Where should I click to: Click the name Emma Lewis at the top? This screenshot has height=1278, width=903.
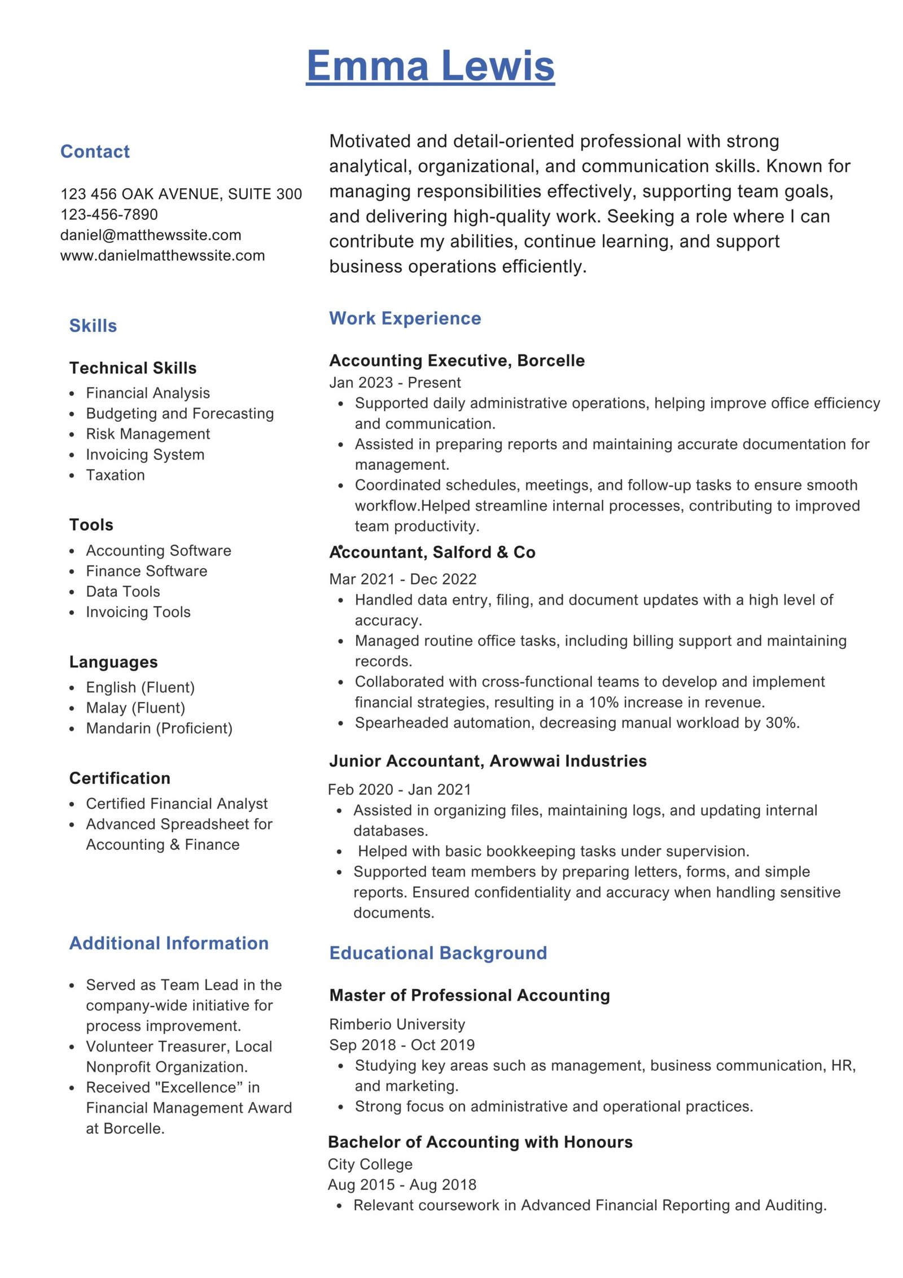[430, 66]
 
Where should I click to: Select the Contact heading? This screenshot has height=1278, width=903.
[95, 151]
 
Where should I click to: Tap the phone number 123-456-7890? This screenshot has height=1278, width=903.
[109, 215]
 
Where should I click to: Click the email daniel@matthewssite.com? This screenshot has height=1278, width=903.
[151, 235]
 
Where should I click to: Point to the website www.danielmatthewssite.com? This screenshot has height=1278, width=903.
[163, 255]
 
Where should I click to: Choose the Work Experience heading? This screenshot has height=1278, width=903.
[405, 318]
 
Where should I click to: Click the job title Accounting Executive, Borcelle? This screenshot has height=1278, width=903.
[457, 360]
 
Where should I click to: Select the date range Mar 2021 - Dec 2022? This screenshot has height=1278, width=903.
[402, 579]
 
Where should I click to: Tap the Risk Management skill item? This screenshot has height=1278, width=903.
[148, 434]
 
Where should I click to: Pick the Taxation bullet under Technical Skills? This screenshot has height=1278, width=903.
[115, 475]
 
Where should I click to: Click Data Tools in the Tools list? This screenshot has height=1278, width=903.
[123, 591]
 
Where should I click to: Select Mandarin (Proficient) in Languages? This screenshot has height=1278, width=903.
[159, 728]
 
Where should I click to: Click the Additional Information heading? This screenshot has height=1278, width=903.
[169, 943]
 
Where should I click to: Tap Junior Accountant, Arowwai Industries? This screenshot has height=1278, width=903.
[488, 761]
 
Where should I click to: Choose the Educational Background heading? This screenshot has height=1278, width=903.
[438, 953]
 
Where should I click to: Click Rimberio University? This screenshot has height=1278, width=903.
[397, 1024]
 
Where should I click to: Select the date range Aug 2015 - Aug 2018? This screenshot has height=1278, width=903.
[402, 1184]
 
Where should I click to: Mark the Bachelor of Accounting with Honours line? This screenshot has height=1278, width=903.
[480, 1142]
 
